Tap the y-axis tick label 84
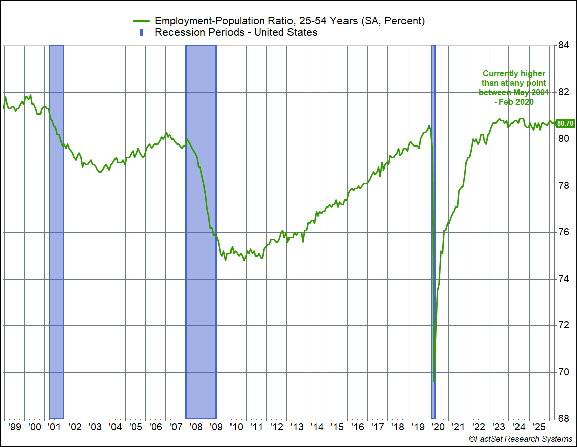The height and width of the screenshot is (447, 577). tap(564, 46)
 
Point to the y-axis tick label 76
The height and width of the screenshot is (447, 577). tap(564, 233)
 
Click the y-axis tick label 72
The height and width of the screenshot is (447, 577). tap(564, 326)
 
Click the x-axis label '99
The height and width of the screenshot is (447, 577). tap(15, 427)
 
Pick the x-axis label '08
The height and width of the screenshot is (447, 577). tap(196, 427)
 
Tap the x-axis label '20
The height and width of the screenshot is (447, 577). tap(438, 427)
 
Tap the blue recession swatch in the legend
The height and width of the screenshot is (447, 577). tap(142, 33)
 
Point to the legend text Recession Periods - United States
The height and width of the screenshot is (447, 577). tap(236, 33)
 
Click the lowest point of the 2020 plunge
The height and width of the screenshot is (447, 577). tap(434, 381)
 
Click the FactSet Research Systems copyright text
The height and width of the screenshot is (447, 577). tap(521, 439)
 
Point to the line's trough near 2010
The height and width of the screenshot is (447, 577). tap(225, 260)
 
